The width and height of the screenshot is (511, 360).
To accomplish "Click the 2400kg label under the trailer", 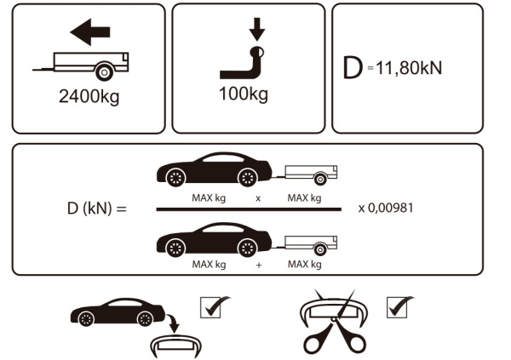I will click(x=89, y=95).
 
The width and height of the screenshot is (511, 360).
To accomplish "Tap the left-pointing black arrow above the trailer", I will click(x=90, y=33).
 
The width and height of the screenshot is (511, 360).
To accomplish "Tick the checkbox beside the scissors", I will click(x=399, y=306).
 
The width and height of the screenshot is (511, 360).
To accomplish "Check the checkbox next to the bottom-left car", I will click(x=210, y=306).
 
